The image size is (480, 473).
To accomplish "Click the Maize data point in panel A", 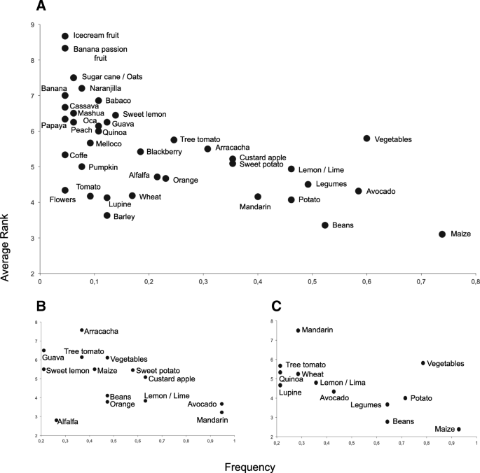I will (442, 234).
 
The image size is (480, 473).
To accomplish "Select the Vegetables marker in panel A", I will (366, 139).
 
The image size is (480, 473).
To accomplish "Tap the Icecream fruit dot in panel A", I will (65, 36).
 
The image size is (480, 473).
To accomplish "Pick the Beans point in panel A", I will (325, 225).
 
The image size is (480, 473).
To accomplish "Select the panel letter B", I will (41, 306).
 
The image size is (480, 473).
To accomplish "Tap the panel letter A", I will (41, 8).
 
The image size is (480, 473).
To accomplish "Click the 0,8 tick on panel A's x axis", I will (475, 281).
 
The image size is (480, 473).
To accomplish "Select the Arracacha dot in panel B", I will (82, 330).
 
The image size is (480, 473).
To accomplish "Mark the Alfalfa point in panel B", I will (57, 421).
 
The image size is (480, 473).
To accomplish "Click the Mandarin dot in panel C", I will (298, 330).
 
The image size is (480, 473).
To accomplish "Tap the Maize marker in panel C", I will (459, 430).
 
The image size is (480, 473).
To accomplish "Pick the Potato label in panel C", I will (421, 398).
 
